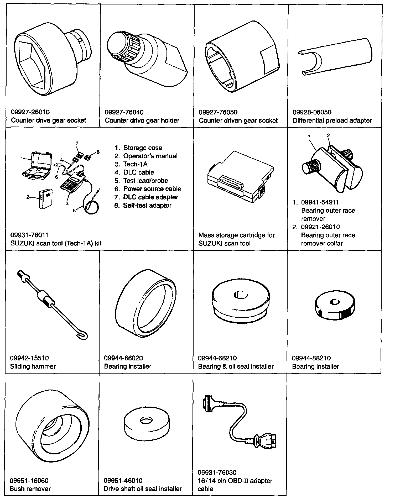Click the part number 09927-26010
pos(30,112)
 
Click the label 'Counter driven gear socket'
pos(238,120)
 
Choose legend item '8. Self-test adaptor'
pos(143,205)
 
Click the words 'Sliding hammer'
pos(33,366)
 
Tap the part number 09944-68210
pos(217,358)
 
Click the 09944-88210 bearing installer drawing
pos(332,304)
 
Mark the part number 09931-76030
pos(217,472)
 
